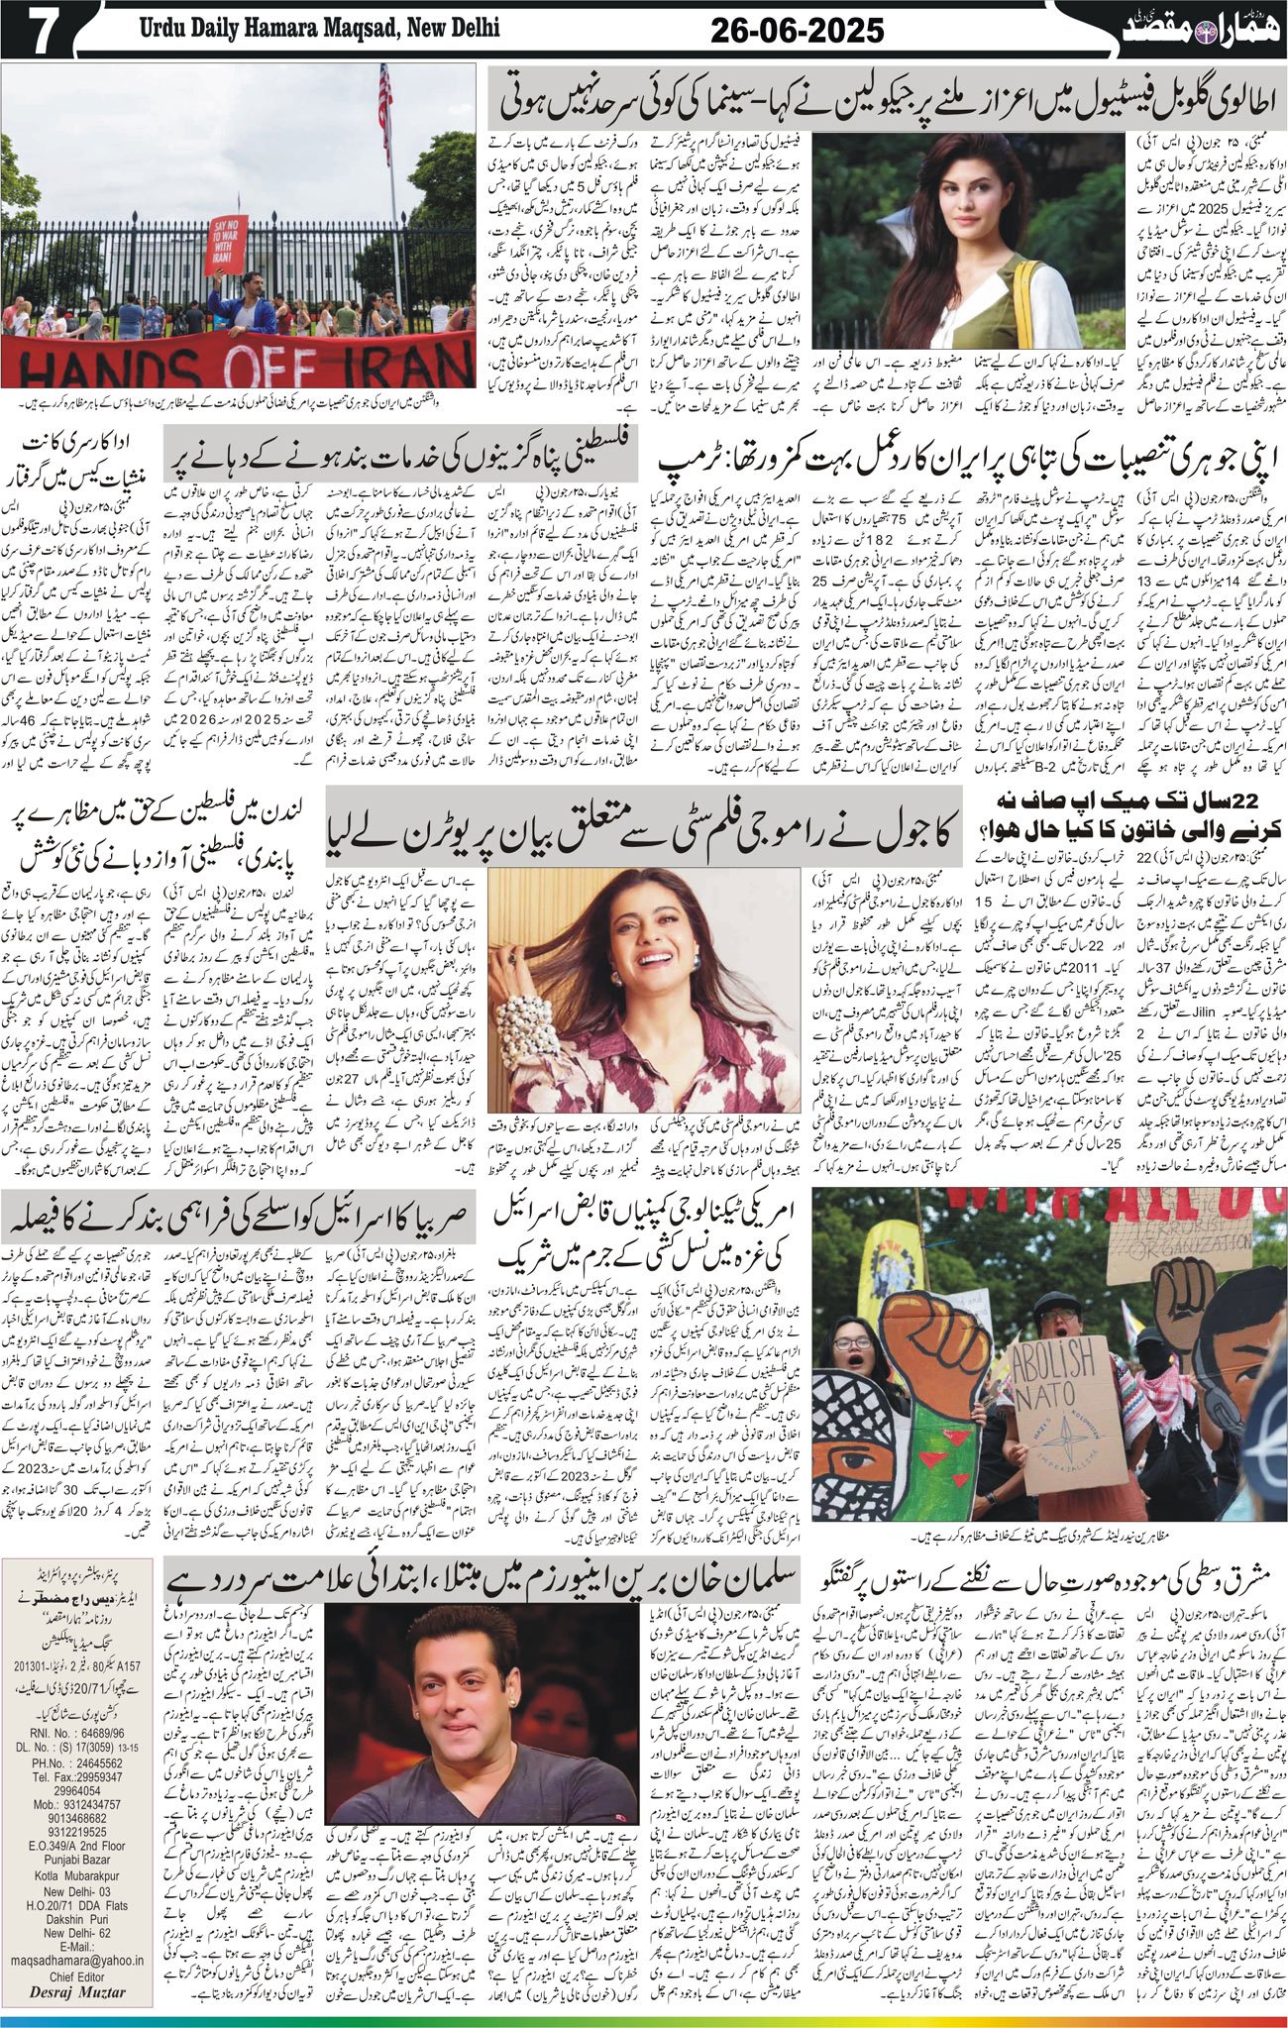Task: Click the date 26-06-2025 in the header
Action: click(x=797, y=31)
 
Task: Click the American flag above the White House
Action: click(x=384, y=109)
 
